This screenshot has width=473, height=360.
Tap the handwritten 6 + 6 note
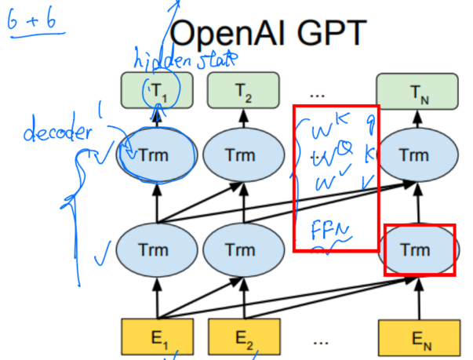(35, 27)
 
